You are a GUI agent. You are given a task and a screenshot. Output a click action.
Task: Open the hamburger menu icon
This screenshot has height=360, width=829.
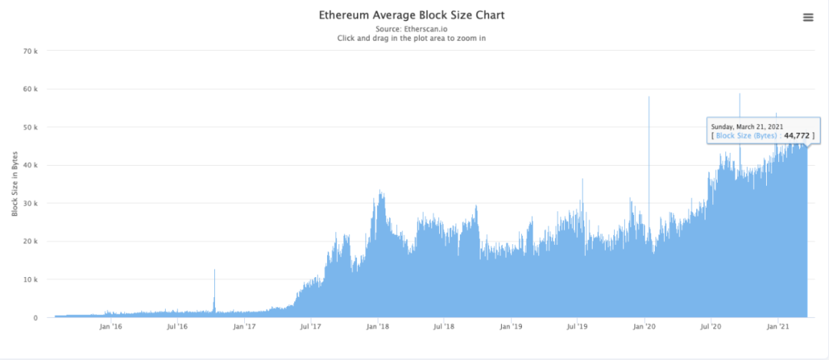[808, 18]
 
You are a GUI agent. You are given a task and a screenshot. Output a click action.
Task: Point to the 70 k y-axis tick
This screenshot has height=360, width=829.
[37, 51]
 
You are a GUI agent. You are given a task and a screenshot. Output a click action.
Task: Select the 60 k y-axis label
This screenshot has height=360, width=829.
[37, 89]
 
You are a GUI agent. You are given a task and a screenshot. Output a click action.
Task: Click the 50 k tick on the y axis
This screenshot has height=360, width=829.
[37, 127]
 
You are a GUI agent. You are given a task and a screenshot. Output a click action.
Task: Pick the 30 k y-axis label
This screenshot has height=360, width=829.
[37, 203]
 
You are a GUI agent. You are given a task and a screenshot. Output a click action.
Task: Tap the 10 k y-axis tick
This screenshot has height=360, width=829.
[37, 279]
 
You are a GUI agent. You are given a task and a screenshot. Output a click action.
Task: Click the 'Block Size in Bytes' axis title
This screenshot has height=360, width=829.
[15, 184]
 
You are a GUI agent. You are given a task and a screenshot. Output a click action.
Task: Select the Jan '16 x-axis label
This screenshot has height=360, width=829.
[111, 326]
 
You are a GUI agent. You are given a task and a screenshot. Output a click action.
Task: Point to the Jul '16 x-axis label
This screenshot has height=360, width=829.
[177, 326]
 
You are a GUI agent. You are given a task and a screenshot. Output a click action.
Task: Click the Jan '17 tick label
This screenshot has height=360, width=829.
[245, 326]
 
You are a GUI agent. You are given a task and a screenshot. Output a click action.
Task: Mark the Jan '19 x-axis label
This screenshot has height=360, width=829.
[511, 326]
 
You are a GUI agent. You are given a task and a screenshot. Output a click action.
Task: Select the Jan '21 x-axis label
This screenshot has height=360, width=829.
[778, 326]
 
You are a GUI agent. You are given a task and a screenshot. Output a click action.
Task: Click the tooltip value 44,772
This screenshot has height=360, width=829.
[795, 136]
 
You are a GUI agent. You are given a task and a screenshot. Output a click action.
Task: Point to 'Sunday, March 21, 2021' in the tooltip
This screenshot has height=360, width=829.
[748, 127]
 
